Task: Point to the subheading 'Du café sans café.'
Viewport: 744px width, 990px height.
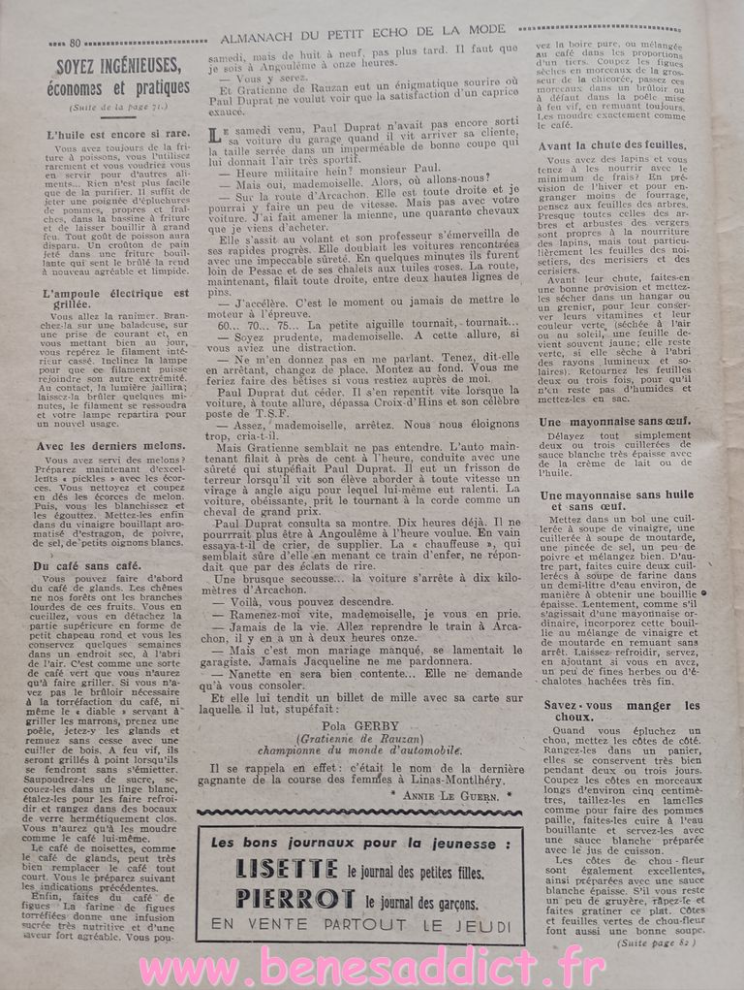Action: tap(87, 564)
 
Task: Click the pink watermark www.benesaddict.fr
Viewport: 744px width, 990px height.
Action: tap(372, 967)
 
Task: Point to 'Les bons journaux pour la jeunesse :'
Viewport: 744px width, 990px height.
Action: tap(360, 842)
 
